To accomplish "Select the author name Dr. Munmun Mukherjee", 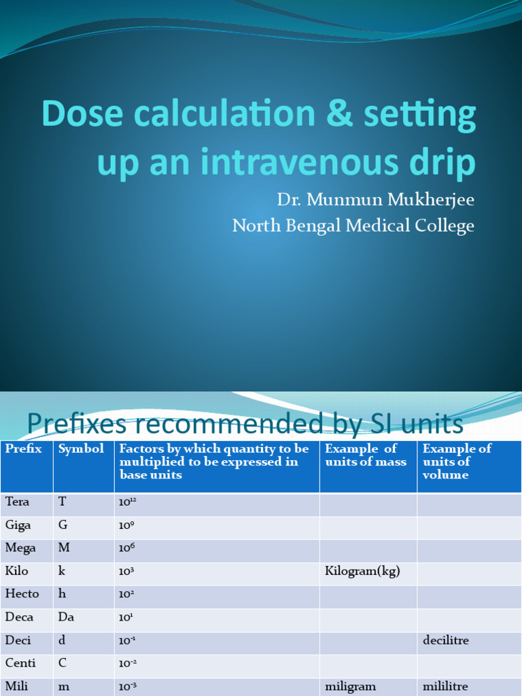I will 375,201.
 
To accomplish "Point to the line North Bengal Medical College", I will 353,226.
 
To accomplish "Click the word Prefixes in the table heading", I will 76,424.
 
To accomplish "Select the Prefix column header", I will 24,449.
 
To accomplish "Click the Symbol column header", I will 81,449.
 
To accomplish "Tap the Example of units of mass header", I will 366,455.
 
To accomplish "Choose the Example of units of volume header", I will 457,462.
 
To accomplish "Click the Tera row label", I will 18,502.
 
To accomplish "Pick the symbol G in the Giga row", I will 63,525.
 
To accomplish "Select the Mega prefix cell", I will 21,548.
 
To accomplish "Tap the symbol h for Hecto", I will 62,594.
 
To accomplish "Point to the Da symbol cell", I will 66,617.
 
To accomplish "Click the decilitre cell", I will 446,640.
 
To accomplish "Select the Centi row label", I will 21,663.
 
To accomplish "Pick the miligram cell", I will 351,686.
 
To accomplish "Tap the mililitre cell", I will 446,686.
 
